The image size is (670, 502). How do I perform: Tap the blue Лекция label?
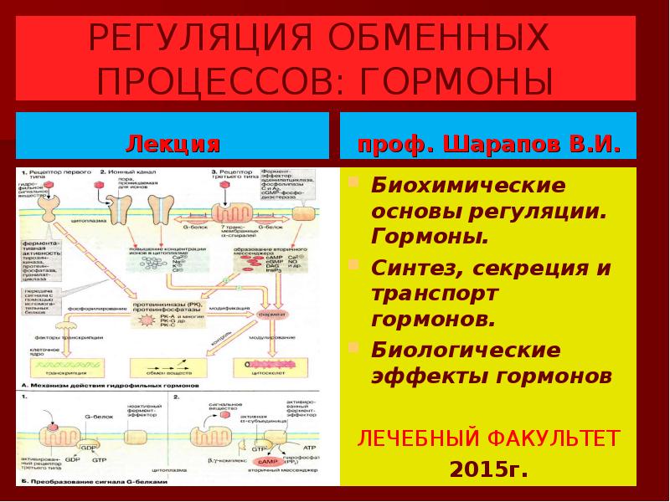(x=173, y=145)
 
